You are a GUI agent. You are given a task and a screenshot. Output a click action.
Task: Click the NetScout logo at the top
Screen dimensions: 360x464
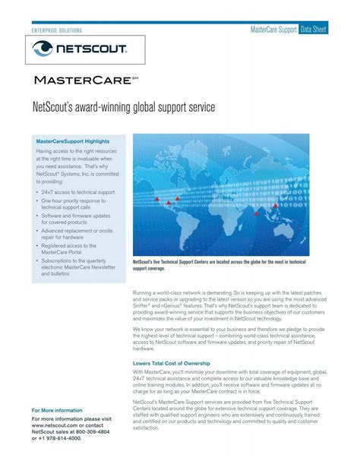coord(80,51)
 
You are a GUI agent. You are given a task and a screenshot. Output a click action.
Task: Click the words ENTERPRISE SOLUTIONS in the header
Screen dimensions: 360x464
coord(56,30)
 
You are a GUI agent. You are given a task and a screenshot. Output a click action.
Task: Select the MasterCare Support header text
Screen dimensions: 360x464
coord(273,29)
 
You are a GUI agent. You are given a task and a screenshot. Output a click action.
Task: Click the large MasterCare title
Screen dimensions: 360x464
coord(84,80)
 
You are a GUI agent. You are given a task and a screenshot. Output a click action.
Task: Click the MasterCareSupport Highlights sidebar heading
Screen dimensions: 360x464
coord(73,141)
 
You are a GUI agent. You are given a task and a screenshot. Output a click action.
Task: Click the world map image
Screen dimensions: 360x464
coord(221,194)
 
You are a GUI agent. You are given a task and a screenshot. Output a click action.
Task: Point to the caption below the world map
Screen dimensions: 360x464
coord(219,265)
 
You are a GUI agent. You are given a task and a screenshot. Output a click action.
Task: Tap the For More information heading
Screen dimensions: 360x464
coord(58,410)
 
